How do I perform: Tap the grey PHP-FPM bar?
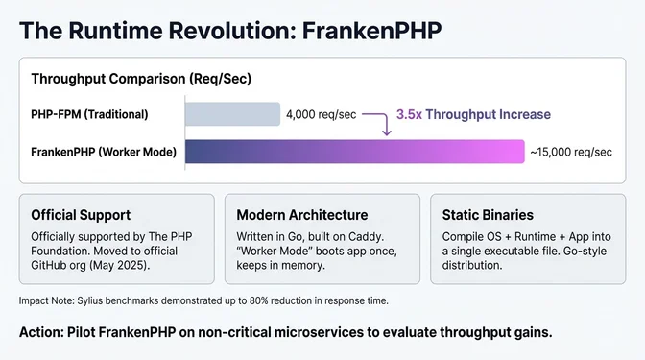(231, 115)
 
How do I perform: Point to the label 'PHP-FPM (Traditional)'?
(89, 115)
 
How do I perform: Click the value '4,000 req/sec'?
(321, 115)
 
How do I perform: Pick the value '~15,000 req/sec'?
(571, 152)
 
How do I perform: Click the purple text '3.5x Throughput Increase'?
(473, 114)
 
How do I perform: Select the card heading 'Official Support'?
(81, 215)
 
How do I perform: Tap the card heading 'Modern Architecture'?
(302, 215)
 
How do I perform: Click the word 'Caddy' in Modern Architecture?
(369, 236)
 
